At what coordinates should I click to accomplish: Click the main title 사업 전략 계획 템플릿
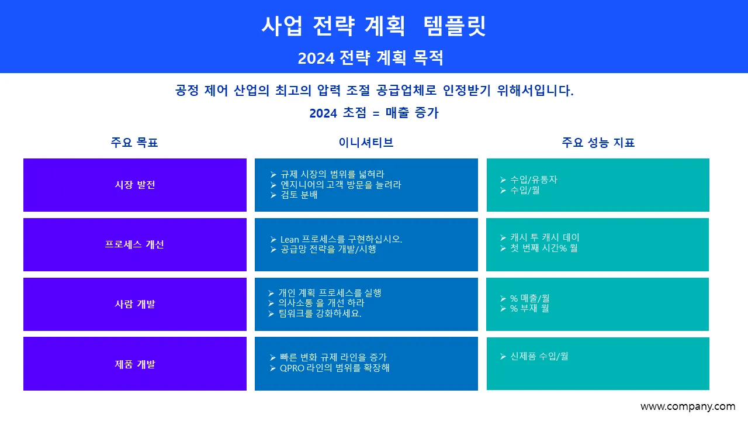(x=373, y=26)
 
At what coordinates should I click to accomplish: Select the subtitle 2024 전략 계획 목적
(x=370, y=58)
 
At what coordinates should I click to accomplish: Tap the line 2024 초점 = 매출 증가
(x=374, y=113)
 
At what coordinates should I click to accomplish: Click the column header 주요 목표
(x=134, y=142)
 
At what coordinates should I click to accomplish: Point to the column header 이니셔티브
(x=366, y=142)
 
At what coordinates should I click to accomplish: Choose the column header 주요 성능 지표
(x=598, y=142)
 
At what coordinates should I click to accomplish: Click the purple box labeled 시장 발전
(x=135, y=185)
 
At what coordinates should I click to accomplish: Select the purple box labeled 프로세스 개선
(x=135, y=244)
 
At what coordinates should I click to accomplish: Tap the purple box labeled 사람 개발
(x=135, y=304)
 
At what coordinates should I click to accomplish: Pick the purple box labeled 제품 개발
(x=135, y=364)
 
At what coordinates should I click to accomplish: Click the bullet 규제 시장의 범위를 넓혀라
(x=332, y=174)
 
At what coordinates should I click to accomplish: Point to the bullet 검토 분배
(x=299, y=195)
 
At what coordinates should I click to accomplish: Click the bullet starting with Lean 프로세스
(x=341, y=239)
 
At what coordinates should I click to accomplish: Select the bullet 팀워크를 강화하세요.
(x=320, y=313)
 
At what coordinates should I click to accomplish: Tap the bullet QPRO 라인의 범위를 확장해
(x=334, y=368)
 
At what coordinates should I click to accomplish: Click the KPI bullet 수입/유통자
(x=534, y=180)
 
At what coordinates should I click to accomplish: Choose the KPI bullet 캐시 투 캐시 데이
(x=545, y=237)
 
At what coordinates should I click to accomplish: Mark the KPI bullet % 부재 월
(x=529, y=308)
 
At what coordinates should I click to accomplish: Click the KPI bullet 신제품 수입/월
(x=539, y=356)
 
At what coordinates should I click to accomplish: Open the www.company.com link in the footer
(x=687, y=406)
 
